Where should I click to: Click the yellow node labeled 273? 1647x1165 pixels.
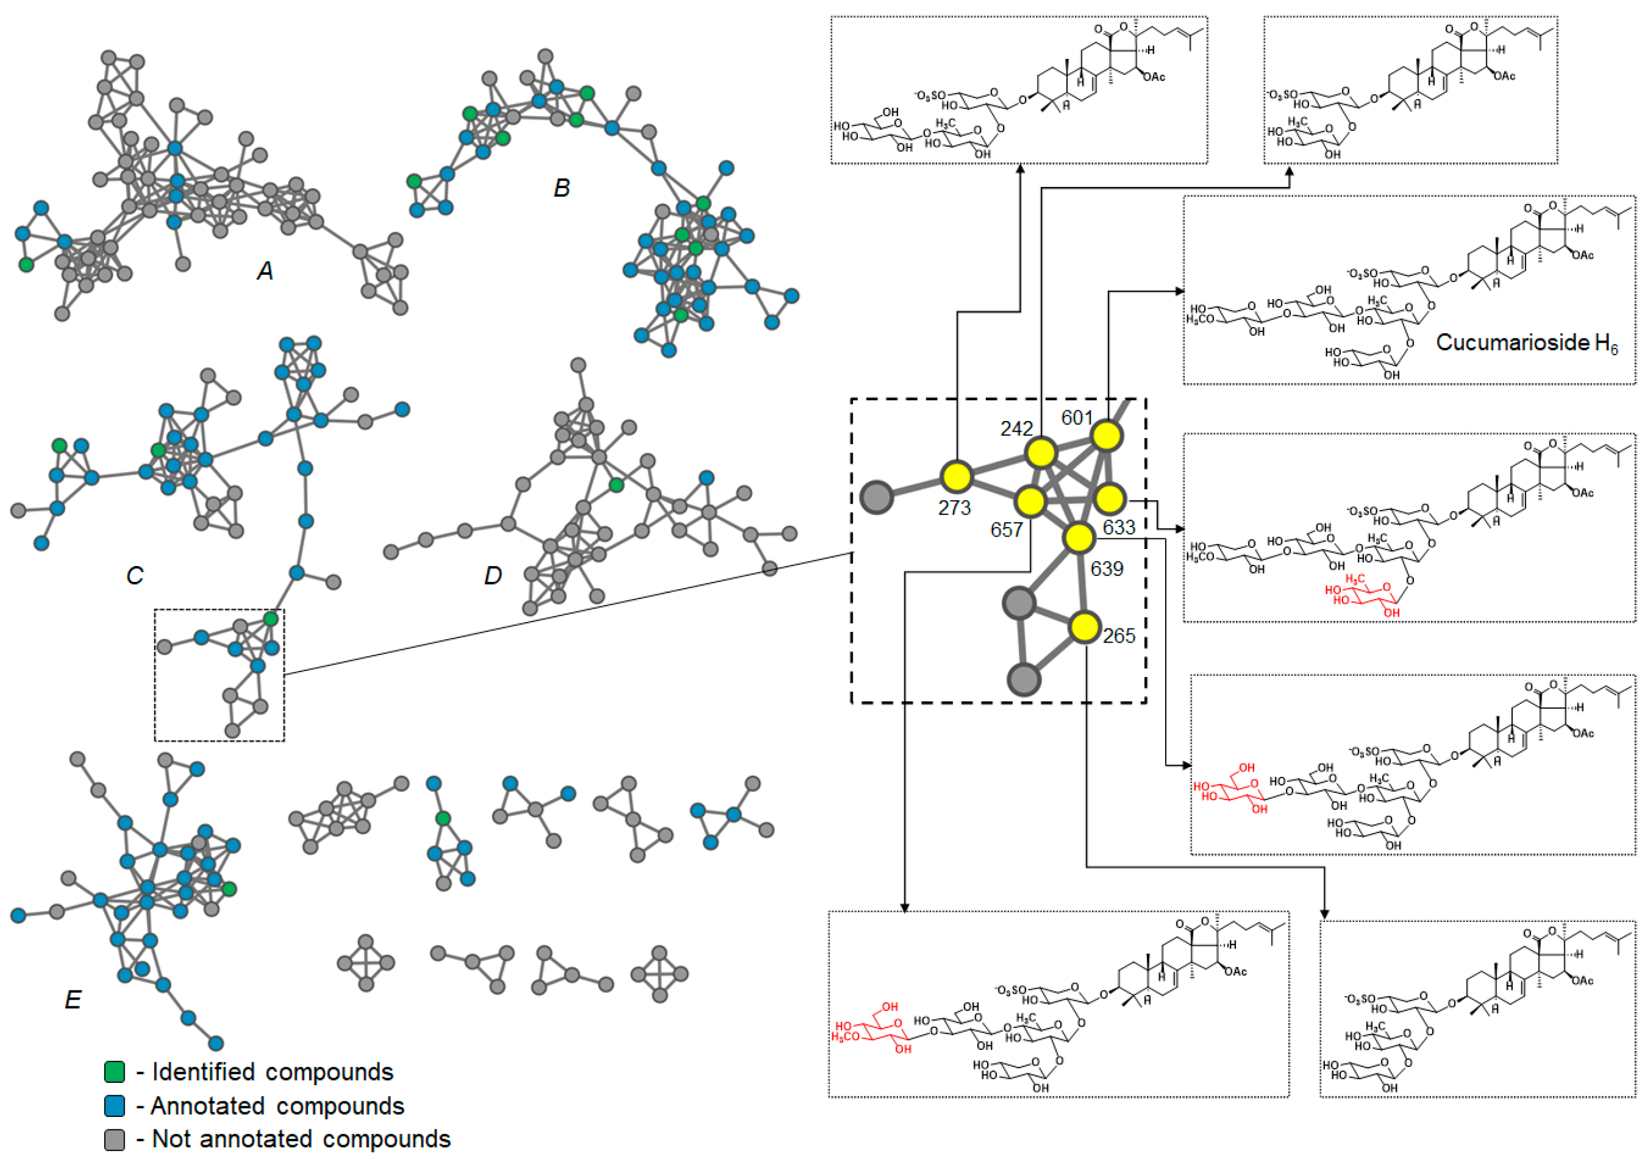pos(956,475)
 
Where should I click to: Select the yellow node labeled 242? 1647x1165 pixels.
pos(1040,453)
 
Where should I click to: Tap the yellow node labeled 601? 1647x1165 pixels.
pos(1107,435)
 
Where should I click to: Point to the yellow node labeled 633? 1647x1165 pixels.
pos(1110,498)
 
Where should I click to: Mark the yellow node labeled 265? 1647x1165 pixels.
pos(1085,626)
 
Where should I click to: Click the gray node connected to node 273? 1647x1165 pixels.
pos(877,496)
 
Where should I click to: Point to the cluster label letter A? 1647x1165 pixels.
pos(265,271)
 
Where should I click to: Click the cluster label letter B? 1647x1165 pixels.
pos(561,188)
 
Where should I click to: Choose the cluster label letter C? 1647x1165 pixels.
pos(134,575)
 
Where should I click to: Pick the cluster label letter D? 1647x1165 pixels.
pos(492,575)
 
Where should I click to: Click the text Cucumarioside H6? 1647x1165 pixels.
pos(1526,343)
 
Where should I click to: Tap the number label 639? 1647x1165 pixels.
pos(1107,569)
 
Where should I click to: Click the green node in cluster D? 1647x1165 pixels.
pos(616,486)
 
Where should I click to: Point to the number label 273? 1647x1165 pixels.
pos(955,508)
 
